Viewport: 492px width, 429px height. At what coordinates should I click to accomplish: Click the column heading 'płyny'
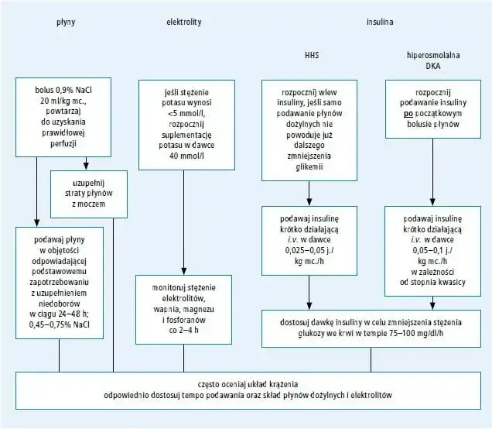coord(66,22)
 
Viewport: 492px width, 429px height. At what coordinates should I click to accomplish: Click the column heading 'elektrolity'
coord(184,22)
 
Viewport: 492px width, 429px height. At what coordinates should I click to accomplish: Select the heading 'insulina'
coord(379,22)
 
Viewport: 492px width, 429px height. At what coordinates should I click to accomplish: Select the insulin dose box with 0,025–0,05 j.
coord(309,241)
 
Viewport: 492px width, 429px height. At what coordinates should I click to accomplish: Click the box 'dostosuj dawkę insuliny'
coord(367,329)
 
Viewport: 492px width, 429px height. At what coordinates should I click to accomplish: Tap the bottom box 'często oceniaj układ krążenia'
coord(247,390)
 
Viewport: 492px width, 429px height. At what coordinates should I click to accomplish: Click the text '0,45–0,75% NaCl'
coord(59,324)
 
